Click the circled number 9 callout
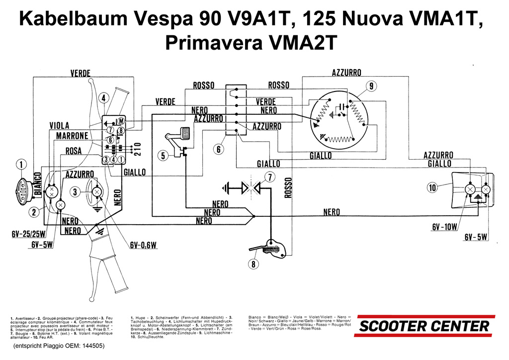tap(371, 86)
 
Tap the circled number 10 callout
tap(432, 187)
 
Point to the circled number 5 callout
tap(164, 156)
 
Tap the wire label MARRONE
tap(72, 136)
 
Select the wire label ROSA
tap(73, 151)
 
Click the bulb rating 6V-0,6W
tap(143, 245)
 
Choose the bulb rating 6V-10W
tap(444, 227)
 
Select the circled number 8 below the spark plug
tap(254, 264)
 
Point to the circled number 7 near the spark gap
tap(269, 177)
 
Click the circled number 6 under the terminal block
tap(219, 149)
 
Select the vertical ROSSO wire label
tap(286, 187)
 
